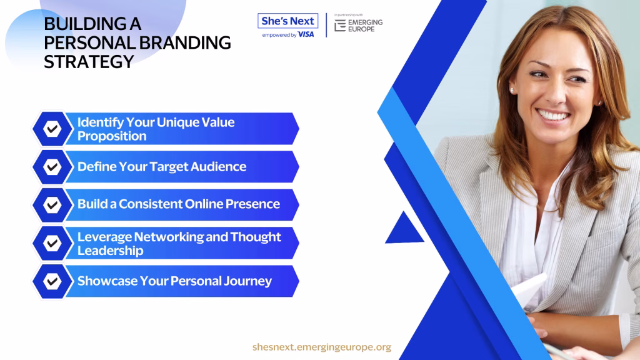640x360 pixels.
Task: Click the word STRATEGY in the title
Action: pyautogui.click(x=89, y=62)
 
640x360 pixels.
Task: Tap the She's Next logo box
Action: pyautogui.click(x=287, y=21)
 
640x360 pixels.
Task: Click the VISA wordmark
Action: pyautogui.click(x=306, y=35)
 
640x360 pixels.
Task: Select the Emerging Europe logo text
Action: pyautogui.click(x=365, y=25)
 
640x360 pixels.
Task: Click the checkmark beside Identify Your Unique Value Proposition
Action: pyautogui.click(x=52, y=129)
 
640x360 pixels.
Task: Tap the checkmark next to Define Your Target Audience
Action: pyautogui.click(x=52, y=167)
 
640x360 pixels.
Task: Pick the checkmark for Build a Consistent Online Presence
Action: pyautogui.click(x=52, y=205)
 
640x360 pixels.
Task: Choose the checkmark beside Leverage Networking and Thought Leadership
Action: pyautogui.click(x=52, y=243)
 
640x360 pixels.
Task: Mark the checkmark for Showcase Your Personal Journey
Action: pyautogui.click(x=52, y=281)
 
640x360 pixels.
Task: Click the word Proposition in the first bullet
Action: pyautogui.click(x=112, y=136)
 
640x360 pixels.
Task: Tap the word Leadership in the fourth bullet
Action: pyautogui.click(x=110, y=251)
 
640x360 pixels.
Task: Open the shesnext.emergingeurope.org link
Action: pyautogui.click(x=322, y=347)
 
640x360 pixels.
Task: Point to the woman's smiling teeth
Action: pyautogui.click(x=553, y=116)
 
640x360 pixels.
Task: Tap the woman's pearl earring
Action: pyautogui.click(x=512, y=91)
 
